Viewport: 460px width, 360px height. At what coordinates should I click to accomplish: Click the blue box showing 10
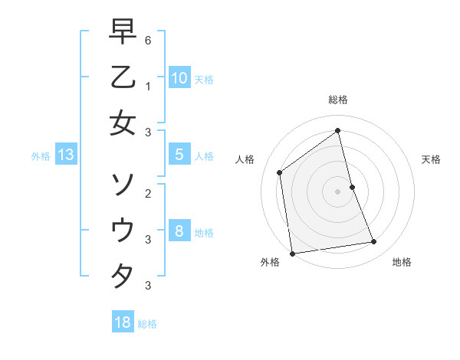179,77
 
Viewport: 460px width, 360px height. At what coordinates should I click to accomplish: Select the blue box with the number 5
179,155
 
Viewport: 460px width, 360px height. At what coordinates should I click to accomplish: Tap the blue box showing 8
179,231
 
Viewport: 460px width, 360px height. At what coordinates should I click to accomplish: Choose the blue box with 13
65,155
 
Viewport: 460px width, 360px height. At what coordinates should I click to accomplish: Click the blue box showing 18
122,322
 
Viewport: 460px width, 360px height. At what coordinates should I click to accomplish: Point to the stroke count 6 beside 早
147,39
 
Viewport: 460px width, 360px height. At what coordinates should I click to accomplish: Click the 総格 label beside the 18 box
147,324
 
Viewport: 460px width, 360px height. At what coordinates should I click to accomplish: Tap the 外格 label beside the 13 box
41,156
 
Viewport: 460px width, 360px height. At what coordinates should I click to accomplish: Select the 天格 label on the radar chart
431,159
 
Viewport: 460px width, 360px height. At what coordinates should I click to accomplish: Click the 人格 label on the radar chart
245,159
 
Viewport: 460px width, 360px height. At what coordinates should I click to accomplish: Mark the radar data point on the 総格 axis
338,130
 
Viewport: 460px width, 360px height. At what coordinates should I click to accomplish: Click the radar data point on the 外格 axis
292,253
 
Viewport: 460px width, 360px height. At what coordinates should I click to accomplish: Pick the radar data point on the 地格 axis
374,242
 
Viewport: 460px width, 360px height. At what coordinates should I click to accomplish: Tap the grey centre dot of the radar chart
338,191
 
